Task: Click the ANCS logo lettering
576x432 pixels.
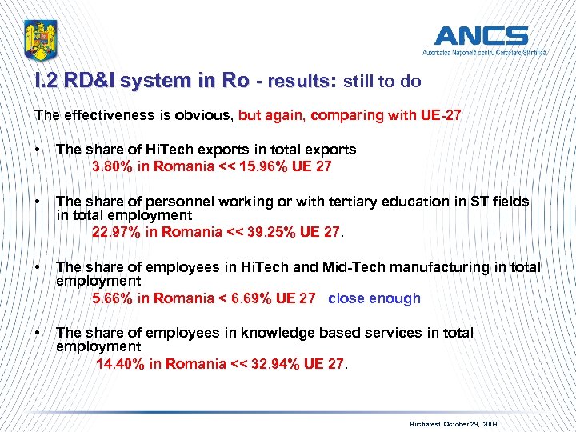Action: (481, 36)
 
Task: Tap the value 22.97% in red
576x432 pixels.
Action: (118, 233)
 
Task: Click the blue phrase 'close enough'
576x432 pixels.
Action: (374, 298)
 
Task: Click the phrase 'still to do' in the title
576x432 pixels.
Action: (382, 82)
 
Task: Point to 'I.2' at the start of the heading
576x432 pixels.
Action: (47, 82)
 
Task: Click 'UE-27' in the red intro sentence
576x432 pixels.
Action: (441, 115)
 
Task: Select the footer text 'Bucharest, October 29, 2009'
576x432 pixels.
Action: (453, 422)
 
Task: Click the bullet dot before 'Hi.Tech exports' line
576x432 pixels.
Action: (38, 150)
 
